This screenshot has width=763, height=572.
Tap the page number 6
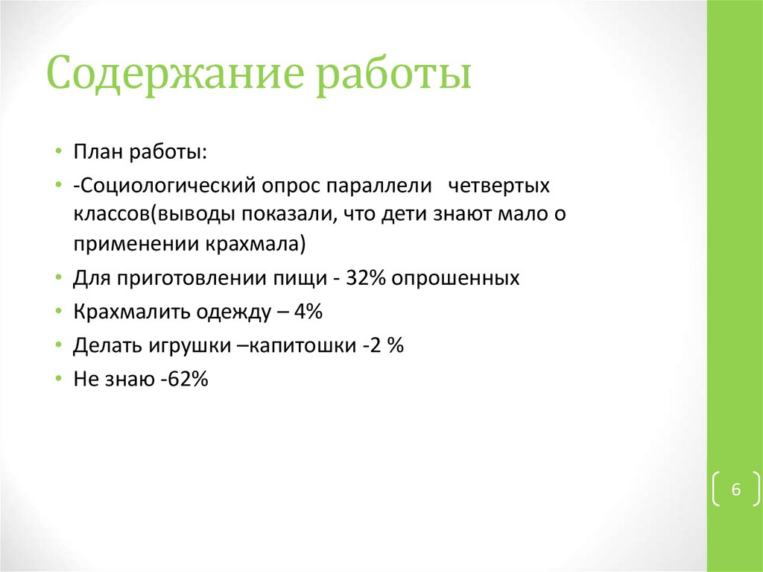pos(736,490)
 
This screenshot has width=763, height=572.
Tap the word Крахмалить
pos(121,312)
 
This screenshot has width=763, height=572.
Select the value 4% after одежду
pos(307,312)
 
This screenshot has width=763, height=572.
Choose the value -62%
pos(183,380)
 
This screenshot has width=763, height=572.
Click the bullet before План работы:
pos(58,151)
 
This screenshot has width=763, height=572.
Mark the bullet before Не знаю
pos(58,380)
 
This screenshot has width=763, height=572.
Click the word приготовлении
pos(188,278)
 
